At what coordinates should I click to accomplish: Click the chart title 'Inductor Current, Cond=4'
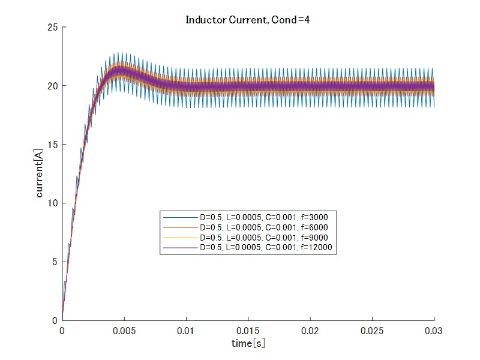[x=247, y=20]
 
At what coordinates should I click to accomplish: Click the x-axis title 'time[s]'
[x=248, y=343]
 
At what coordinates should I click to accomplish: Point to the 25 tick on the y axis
[x=52, y=27]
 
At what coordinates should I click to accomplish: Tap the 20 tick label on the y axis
[x=52, y=86]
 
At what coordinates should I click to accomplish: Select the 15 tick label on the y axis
[x=52, y=145]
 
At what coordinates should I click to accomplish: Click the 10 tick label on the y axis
[x=52, y=203]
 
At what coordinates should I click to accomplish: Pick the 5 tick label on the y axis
[x=55, y=262]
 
